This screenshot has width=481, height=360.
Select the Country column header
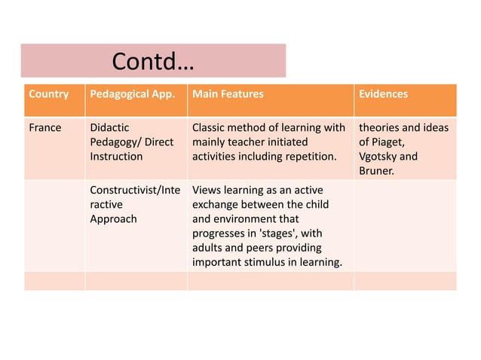click(48, 95)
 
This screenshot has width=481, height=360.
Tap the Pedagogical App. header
click(132, 95)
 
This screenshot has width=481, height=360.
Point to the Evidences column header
click(383, 95)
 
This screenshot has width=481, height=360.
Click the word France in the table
click(45, 127)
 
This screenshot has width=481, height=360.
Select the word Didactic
click(109, 127)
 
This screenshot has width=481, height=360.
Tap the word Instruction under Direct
click(116, 156)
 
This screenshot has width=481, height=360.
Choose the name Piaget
click(390, 142)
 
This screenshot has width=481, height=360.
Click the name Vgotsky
click(378, 156)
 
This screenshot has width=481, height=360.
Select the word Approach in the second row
click(113, 218)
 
